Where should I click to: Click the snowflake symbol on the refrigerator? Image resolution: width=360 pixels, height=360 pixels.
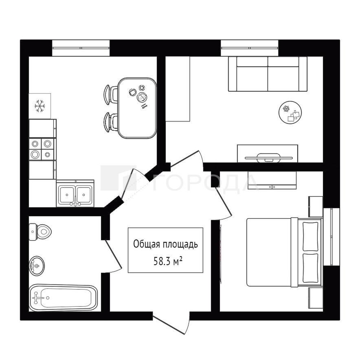[40, 106]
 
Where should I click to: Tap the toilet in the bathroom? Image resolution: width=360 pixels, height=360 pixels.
[40, 232]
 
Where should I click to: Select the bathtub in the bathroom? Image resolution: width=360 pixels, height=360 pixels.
[64, 298]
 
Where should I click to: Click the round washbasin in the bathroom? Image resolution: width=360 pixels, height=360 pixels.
[37, 266]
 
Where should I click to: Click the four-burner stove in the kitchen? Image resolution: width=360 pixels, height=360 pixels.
[42, 149]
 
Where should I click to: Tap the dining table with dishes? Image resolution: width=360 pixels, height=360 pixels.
[137, 108]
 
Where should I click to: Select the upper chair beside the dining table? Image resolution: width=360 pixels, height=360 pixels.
[111, 94]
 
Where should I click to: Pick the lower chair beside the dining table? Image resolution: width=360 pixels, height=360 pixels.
[111, 122]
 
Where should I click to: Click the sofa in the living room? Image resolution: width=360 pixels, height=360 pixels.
[268, 74]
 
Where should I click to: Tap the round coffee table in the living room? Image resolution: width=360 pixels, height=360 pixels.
[290, 112]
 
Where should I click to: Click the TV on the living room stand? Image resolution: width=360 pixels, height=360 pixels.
[269, 158]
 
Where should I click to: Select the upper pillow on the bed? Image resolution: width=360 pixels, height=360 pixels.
[310, 236]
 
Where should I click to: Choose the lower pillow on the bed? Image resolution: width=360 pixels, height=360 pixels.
[310, 268]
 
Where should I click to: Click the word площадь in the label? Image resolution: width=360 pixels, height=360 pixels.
[180, 244]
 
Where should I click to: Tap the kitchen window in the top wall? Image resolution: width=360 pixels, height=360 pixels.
[81, 48]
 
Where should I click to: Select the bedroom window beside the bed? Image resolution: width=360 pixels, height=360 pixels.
[331, 237]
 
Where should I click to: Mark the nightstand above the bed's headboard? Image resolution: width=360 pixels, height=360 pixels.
[316, 206]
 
